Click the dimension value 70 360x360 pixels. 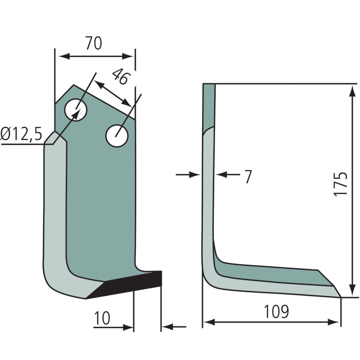(94, 43)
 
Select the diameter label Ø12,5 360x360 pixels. (21, 134)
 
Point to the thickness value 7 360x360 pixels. (248, 176)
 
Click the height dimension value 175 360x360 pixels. (340, 184)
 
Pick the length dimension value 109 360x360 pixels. (276, 311)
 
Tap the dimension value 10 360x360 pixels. (102, 318)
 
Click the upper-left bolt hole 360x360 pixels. (76, 110)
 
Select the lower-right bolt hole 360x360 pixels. (117, 136)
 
